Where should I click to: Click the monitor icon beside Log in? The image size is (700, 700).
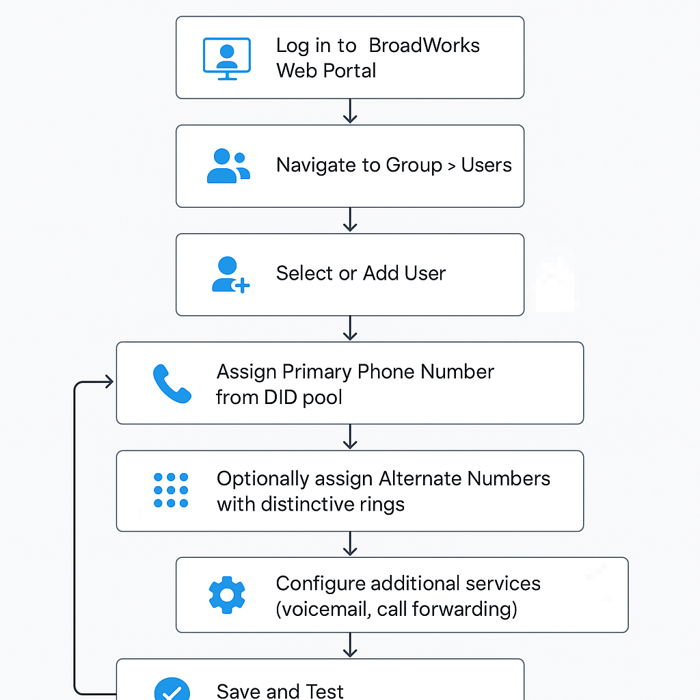point(227,59)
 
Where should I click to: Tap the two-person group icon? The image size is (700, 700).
point(228,166)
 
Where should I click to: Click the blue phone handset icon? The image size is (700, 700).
point(172,383)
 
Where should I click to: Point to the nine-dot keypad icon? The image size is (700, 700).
point(171,490)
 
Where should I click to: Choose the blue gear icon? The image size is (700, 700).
point(227,595)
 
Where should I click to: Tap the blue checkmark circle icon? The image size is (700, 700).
point(172,689)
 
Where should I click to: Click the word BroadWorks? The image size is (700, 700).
point(424,45)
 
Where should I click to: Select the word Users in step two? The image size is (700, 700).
point(486,165)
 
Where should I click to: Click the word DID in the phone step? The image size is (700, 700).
point(280,397)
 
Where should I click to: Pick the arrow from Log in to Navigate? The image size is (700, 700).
point(350,111)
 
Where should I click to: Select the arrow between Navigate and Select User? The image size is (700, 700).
point(350,219)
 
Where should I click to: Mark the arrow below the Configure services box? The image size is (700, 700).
point(350,645)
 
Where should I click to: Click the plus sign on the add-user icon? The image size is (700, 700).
point(243,286)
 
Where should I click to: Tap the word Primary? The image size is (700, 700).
point(317,372)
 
